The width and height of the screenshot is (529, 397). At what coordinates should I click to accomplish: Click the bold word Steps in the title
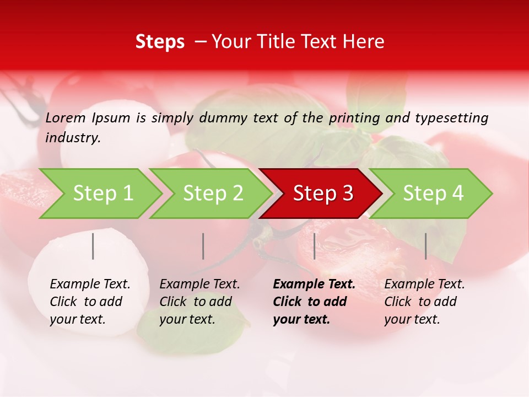coord(160,42)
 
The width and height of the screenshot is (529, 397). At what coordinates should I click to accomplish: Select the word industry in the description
coord(73,137)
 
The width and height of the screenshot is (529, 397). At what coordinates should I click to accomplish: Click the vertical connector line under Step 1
coord(93,246)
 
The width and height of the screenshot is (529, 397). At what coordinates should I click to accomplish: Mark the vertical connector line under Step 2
coord(203,246)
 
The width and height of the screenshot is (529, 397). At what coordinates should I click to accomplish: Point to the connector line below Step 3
coord(314,246)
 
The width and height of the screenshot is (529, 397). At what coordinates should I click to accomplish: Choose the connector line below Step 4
coord(425,246)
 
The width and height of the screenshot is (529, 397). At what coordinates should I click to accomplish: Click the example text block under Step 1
coord(90,302)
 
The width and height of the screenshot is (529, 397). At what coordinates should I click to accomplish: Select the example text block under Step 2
coord(199,302)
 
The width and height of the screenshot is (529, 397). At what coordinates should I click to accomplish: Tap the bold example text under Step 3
coord(314,302)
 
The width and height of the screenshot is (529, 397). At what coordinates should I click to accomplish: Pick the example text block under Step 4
coord(424,302)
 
